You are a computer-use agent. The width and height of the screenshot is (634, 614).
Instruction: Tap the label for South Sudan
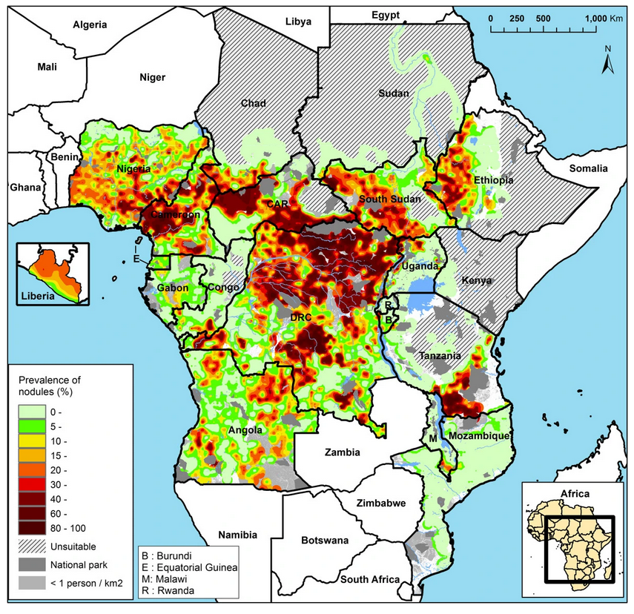[x=389, y=200]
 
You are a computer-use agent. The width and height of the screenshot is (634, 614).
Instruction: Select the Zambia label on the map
[x=342, y=452]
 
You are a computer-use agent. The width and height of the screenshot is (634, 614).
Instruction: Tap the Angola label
[x=245, y=430]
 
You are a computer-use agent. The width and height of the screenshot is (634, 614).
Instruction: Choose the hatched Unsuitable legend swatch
[x=31, y=547]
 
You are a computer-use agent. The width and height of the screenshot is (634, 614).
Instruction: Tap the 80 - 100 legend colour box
[x=31, y=528]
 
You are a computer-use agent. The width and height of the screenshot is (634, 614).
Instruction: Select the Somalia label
[x=588, y=169]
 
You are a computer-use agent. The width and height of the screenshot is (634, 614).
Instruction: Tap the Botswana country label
[x=325, y=541]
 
